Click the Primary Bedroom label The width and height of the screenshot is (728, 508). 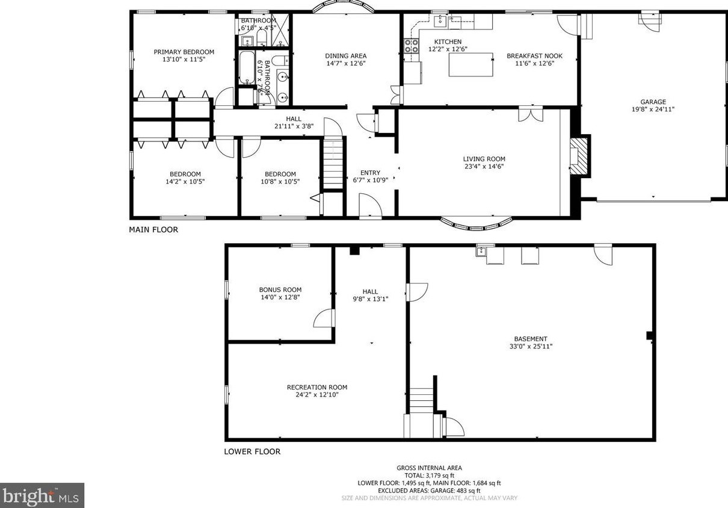coord(184,52)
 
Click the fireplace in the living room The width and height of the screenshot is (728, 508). coord(579,156)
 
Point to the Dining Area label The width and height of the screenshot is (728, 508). coord(345,55)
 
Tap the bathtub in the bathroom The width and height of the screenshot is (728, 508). coord(245,67)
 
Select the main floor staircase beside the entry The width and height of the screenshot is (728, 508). coord(333,163)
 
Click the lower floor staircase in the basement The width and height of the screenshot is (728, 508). coord(422,400)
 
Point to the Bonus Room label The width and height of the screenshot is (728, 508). coord(280,290)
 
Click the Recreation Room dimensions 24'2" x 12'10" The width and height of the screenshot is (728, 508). coord(317,395)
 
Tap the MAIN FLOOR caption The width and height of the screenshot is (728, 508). coord(153,229)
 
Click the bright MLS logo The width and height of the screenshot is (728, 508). coord(42,495)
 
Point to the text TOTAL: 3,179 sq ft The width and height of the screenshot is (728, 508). coord(429,475)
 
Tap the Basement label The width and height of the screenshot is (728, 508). coord(530,339)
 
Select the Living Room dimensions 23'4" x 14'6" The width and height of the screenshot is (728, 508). coord(484,167)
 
